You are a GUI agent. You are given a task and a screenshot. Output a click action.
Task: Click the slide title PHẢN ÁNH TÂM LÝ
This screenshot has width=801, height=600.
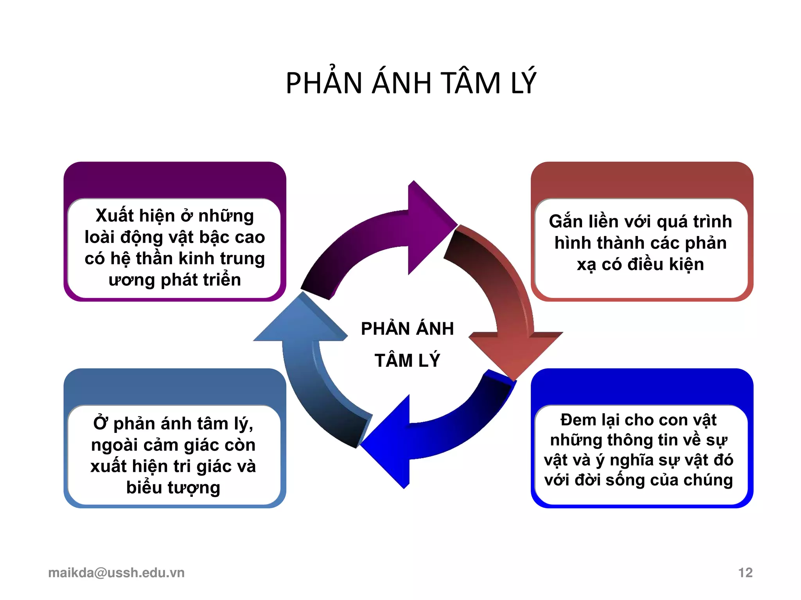point(411,83)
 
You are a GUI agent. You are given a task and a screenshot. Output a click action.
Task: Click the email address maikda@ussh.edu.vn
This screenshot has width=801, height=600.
point(116,573)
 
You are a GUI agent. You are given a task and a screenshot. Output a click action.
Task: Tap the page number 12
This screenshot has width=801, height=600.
point(745,573)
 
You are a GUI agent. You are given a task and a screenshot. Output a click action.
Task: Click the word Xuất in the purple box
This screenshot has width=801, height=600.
point(114,216)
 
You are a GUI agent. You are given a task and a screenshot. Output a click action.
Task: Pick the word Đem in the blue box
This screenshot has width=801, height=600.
point(577,420)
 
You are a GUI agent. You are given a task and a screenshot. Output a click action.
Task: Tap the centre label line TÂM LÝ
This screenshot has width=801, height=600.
point(407,360)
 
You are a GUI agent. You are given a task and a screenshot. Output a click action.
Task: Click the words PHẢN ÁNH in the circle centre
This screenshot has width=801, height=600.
point(407,329)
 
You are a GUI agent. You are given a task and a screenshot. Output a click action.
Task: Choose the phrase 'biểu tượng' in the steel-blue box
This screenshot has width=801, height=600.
point(173,488)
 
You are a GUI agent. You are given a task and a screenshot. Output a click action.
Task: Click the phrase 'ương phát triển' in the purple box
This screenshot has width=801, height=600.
point(175,280)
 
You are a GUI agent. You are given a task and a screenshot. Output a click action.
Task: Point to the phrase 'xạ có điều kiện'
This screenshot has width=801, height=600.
point(640,264)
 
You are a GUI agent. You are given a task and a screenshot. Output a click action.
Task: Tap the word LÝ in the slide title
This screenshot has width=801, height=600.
point(523,83)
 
